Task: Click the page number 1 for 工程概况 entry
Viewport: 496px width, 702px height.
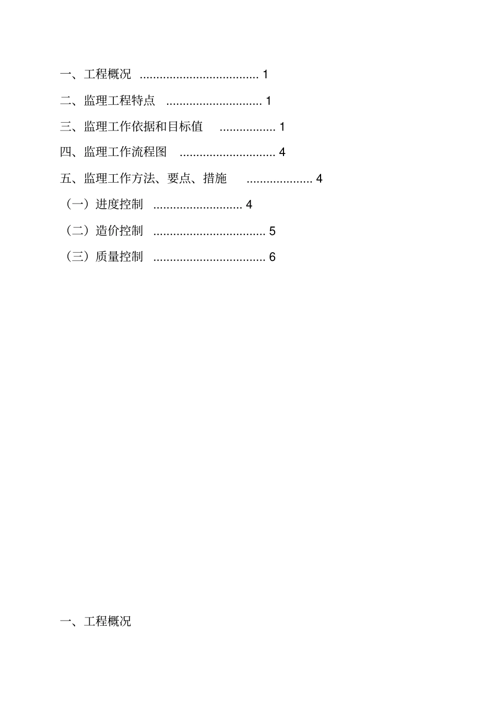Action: point(265,75)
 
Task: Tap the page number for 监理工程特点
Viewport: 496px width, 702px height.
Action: point(268,101)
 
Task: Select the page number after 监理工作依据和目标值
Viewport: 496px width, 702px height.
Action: point(282,127)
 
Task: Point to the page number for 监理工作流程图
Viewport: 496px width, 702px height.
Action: point(282,152)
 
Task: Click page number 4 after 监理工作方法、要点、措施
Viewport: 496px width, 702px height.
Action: point(319,179)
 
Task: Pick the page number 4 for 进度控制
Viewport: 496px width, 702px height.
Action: point(249,205)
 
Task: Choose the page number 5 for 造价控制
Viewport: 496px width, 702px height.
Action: point(272,231)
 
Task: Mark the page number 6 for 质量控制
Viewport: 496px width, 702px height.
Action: point(272,257)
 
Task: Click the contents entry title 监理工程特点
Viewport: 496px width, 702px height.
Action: point(120,101)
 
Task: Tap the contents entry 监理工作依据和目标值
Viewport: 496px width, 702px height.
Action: point(144,127)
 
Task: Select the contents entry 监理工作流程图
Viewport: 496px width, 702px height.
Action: point(125,152)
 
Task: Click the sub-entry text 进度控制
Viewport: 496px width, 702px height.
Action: point(119,205)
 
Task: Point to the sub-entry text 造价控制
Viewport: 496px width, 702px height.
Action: point(119,231)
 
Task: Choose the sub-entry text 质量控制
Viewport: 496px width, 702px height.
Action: point(119,257)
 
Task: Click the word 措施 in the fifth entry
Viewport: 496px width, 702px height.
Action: point(215,179)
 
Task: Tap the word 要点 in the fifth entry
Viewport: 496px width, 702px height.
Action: point(179,179)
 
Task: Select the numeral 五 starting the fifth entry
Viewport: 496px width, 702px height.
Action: point(66,179)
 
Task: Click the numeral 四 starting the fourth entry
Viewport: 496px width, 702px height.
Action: point(66,152)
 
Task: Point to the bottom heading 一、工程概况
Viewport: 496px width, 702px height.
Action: point(96,621)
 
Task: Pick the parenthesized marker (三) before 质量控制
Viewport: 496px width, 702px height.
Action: point(77,257)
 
